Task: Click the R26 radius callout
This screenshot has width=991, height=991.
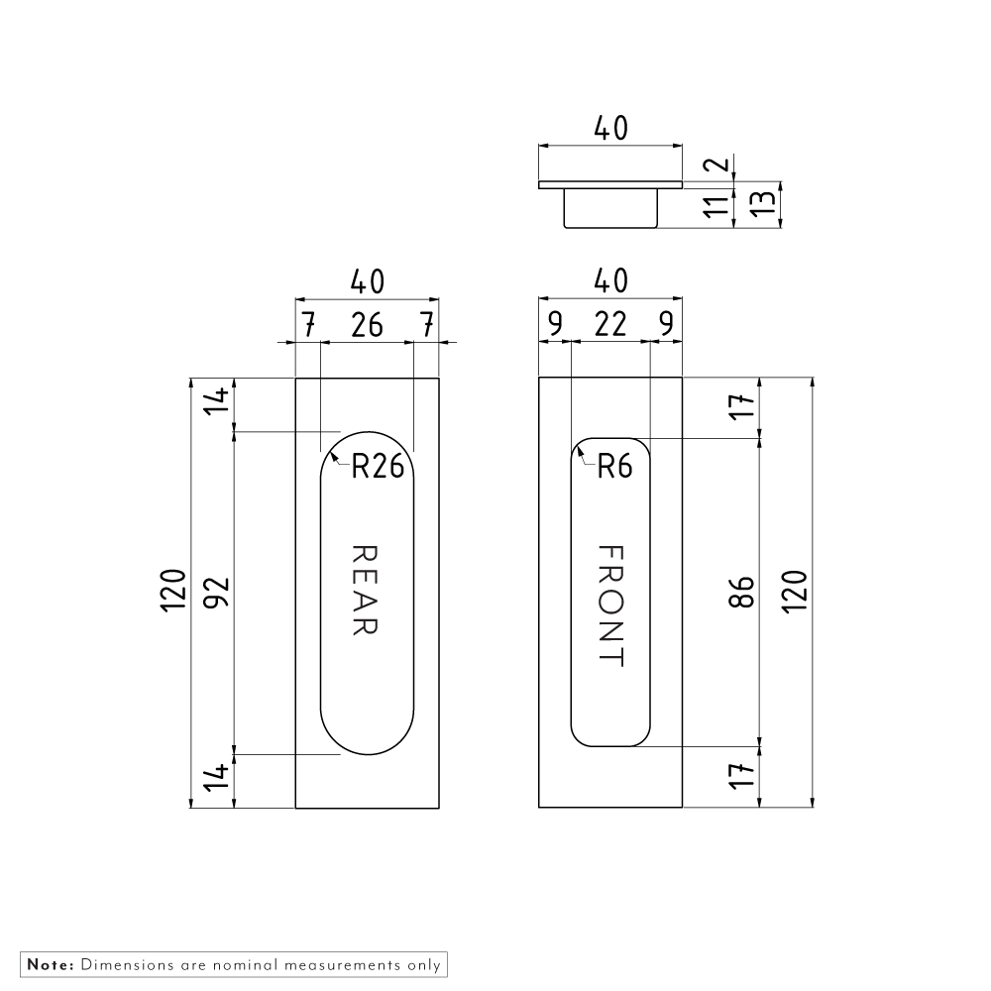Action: [x=378, y=467]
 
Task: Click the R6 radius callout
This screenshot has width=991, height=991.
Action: [x=614, y=467]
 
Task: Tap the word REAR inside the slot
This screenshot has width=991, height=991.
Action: [x=365, y=590]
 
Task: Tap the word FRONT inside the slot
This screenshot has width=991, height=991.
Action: [x=611, y=606]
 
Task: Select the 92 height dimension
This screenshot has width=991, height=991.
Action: [x=216, y=593]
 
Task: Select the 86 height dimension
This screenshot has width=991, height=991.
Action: [x=741, y=593]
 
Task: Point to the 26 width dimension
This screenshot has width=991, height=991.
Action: [x=368, y=325]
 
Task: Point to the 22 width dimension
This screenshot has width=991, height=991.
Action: [x=610, y=324]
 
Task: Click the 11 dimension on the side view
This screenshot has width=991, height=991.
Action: [x=717, y=206]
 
